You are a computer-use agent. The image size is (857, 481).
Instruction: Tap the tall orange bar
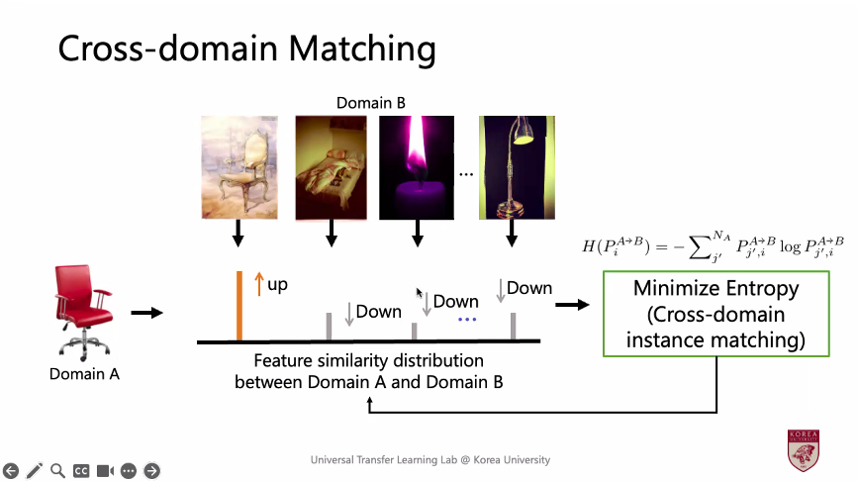[238, 306]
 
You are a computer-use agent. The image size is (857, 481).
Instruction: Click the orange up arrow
[259, 285]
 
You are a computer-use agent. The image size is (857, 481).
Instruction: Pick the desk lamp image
[511, 166]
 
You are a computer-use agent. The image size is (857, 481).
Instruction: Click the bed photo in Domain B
[333, 166]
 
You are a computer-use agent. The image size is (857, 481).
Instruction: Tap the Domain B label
[370, 102]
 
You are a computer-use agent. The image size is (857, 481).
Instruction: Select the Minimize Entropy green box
[717, 315]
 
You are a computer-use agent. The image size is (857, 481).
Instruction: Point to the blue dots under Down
[467, 320]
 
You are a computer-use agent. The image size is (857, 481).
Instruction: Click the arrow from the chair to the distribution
[146, 313]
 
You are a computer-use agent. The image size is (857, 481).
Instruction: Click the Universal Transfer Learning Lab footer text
[429, 460]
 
